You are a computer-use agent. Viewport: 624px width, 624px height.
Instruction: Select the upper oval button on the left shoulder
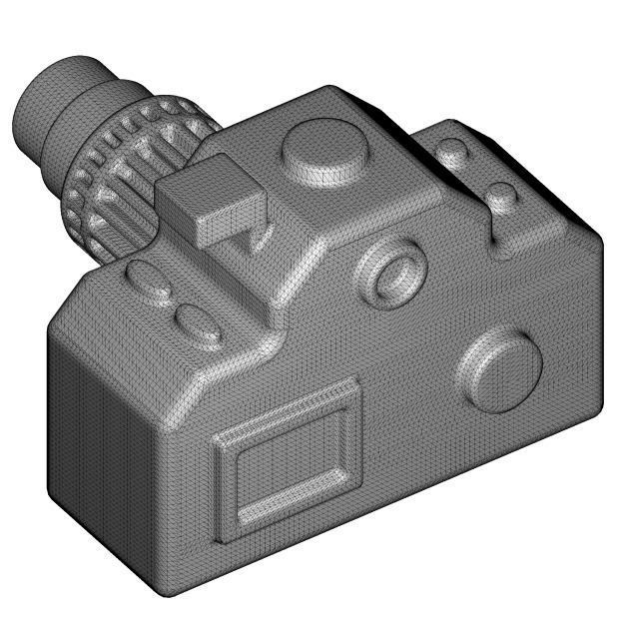pyautogui.click(x=150, y=282)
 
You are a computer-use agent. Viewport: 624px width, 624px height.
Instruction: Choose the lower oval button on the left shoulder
pyautogui.click(x=198, y=324)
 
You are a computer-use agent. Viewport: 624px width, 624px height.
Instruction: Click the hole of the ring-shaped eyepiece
pyautogui.click(x=400, y=272)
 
